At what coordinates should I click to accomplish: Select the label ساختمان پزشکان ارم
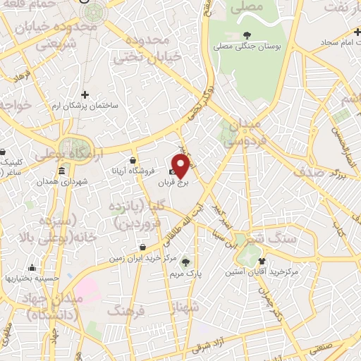pos(86,105)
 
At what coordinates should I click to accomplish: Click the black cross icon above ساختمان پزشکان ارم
pos(85,94)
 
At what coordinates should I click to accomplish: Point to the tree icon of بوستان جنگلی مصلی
pos(246,35)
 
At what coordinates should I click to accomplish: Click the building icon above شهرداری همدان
pos(62,171)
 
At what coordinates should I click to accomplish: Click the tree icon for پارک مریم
pos(186,260)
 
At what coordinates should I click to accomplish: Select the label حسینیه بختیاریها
pos(32,279)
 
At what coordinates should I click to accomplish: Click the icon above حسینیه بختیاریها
pos(32,267)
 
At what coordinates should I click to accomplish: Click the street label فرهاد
pos(20,75)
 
